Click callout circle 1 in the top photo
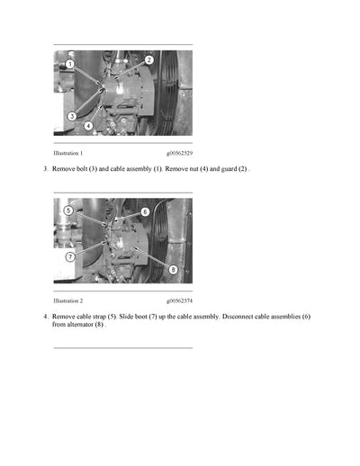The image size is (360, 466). [69, 65]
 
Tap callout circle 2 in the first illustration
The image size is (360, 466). [148, 60]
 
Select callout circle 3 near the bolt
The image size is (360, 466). [72, 116]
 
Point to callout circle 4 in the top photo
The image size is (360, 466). [88, 126]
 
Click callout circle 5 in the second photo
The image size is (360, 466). [68, 210]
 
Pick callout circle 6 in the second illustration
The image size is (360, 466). [145, 212]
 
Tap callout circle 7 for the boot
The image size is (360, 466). [70, 256]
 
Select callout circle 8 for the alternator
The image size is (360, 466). [173, 269]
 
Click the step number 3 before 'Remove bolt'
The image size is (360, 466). [45, 169]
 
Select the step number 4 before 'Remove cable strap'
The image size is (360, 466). [45, 317]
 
